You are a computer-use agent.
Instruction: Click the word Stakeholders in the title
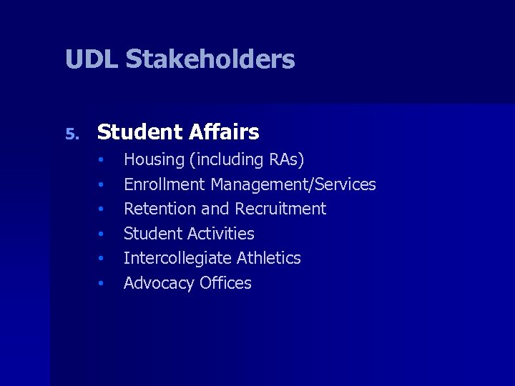pos(210,59)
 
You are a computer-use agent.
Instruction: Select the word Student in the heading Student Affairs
pos(140,132)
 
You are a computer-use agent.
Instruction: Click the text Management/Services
pos(293,185)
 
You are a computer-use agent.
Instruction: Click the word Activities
pos(222,234)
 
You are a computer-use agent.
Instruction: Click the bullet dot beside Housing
pos(102,159)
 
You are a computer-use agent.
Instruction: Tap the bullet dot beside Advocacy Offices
pos(102,283)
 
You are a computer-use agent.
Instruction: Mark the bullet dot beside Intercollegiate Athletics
pos(102,258)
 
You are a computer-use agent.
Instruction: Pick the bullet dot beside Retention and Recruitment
pos(102,209)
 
